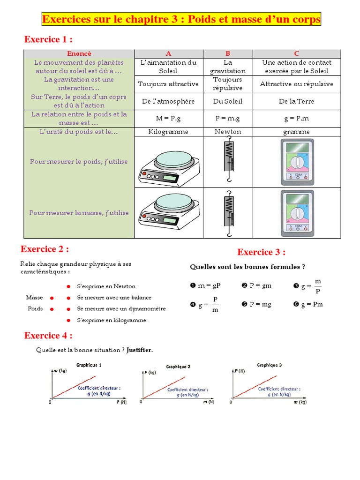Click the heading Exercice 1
click(x=48, y=39)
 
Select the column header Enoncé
click(x=79, y=53)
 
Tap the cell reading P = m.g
click(x=228, y=119)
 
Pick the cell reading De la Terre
click(x=296, y=101)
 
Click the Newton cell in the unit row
click(x=228, y=132)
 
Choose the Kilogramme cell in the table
click(x=168, y=132)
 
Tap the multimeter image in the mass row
click(x=297, y=213)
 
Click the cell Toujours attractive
click(x=168, y=84)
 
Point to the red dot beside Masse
click(x=52, y=298)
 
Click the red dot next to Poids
click(x=52, y=309)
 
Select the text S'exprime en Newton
click(x=106, y=286)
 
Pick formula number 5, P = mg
click(x=256, y=304)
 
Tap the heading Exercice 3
click(x=261, y=252)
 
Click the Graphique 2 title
click(x=178, y=367)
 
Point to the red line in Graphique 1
click(x=75, y=387)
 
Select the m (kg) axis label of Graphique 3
click(x=300, y=402)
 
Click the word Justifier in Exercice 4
click(x=139, y=350)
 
